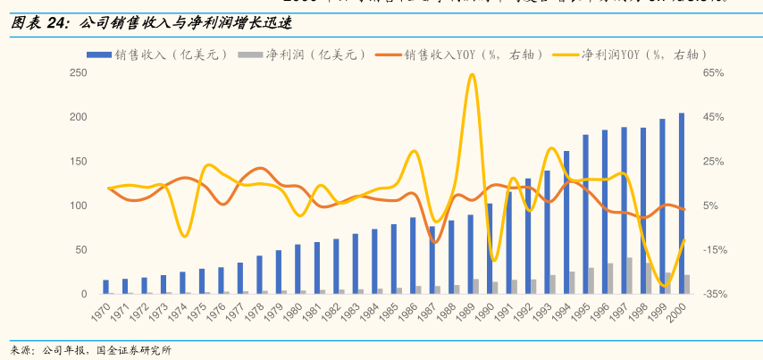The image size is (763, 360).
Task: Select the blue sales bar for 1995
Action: tap(585, 214)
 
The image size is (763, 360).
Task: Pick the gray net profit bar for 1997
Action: tap(630, 276)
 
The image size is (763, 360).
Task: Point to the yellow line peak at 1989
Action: tap(472, 75)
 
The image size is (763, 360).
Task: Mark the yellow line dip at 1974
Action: tap(183, 235)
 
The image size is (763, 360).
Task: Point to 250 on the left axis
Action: tap(78, 73)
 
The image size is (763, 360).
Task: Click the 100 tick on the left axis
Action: tap(78, 205)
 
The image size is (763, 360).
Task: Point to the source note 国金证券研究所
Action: tap(134, 350)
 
